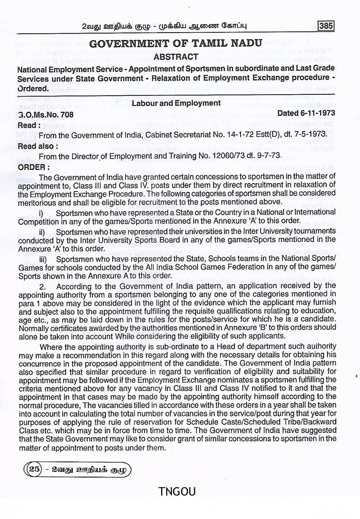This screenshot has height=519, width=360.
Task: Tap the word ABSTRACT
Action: click(x=176, y=57)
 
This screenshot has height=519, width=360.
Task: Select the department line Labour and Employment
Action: click(x=176, y=103)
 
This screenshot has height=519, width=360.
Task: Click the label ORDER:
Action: click(x=32, y=167)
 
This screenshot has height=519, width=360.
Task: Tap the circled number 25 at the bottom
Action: click(x=34, y=469)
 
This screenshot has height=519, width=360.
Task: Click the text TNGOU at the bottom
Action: click(x=177, y=492)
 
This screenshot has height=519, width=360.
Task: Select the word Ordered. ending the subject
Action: click(x=33, y=89)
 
